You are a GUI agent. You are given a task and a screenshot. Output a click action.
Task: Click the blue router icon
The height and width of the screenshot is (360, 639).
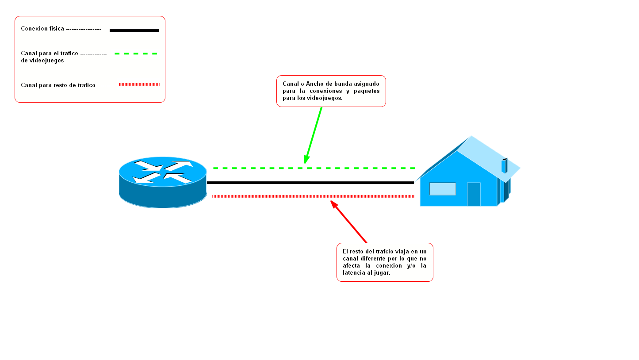pyautogui.click(x=162, y=182)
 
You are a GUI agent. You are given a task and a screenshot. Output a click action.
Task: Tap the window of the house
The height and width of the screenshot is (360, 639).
pyautogui.click(x=442, y=189)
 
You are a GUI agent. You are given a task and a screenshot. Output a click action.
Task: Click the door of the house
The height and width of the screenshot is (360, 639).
pyautogui.click(x=474, y=194)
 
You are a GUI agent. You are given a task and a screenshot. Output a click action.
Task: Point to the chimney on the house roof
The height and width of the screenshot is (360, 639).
pyautogui.click(x=504, y=165)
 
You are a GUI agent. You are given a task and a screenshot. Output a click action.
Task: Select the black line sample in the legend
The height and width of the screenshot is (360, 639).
pyautogui.click(x=134, y=31)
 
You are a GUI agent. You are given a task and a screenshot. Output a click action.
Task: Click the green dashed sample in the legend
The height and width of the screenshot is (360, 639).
pyautogui.click(x=136, y=54)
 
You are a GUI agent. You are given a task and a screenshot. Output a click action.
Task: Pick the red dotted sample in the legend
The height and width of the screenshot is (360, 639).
pyautogui.click(x=139, y=84)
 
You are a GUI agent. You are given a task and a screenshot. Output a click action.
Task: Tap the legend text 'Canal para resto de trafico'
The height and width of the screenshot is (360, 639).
pyautogui.click(x=58, y=85)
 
